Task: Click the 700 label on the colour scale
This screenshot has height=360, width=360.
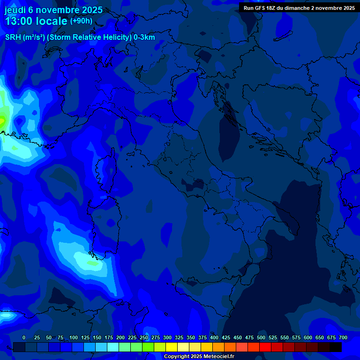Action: pos(343,337)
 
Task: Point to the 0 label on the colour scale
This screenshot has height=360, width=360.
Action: pos(24,337)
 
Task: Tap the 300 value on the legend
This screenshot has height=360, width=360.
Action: pos(167,337)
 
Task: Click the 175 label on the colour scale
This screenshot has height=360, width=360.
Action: pos(109,337)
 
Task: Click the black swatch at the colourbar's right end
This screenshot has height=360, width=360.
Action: pos(336,347)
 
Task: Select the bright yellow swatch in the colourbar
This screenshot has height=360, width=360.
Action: pos(172,347)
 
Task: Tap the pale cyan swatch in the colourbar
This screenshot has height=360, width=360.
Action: pos(113,347)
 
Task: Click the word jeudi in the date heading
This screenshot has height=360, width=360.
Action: pos(15,10)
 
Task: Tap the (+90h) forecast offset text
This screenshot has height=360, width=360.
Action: pos(81,21)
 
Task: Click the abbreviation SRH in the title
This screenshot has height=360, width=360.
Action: pos(13,37)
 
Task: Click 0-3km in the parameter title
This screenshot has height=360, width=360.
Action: pos(144,37)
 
